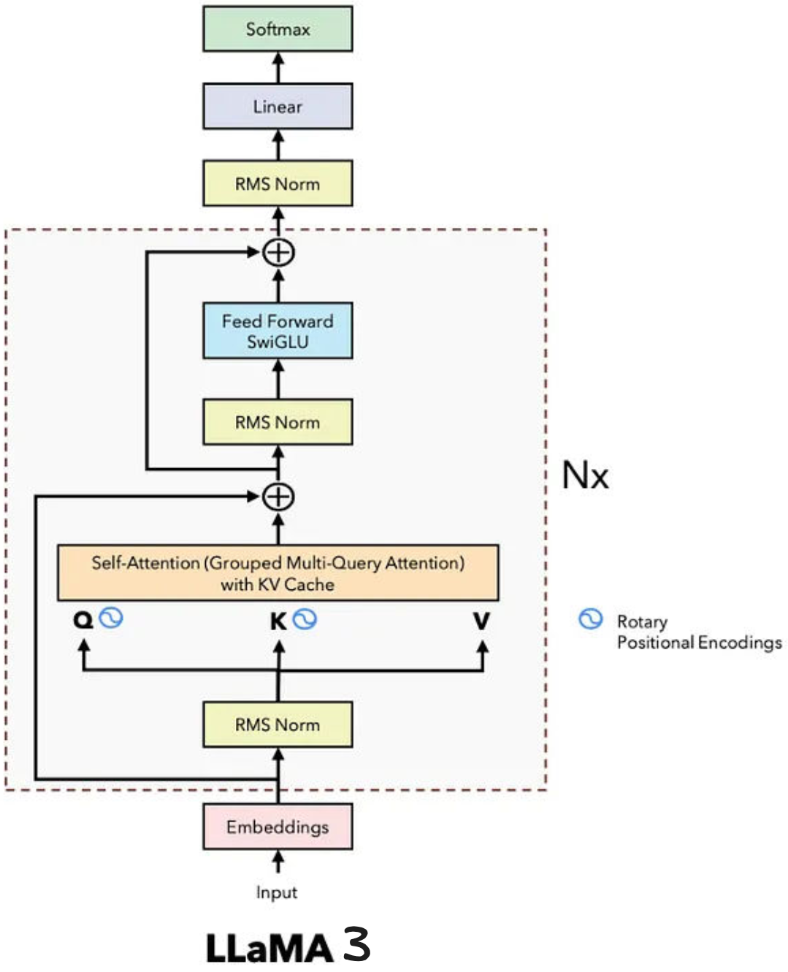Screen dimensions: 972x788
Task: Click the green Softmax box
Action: pyautogui.click(x=278, y=29)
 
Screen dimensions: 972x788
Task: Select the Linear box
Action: pyautogui.click(x=278, y=107)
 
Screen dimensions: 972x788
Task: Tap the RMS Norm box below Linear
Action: pyautogui.click(x=278, y=184)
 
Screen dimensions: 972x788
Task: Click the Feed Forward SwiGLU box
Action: pyautogui.click(x=278, y=331)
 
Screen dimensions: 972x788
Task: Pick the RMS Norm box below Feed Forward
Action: pyautogui.click(x=278, y=422)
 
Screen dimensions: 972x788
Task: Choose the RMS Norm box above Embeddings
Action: pyautogui.click(x=278, y=724)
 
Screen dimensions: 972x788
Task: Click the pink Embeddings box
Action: pyautogui.click(x=278, y=827)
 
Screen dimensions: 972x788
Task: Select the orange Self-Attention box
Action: pyautogui.click(x=278, y=573)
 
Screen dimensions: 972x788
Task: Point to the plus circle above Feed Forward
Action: pyautogui.click(x=278, y=253)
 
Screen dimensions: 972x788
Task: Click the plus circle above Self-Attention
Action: pyautogui.click(x=278, y=497)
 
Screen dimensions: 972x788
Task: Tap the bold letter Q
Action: pyautogui.click(x=83, y=621)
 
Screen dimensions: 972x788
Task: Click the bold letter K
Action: pyautogui.click(x=278, y=621)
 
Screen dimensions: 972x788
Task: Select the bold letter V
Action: pyautogui.click(x=481, y=621)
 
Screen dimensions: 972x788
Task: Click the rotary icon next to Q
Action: pyautogui.click(x=111, y=618)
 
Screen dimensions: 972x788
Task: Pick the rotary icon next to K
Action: pyautogui.click(x=305, y=619)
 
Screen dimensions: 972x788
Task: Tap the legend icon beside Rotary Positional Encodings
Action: pyautogui.click(x=590, y=619)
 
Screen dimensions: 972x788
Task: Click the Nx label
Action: pyautogui.click(x=585, y=475)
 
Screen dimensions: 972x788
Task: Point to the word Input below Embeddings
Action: pyautogui.click(x=277, y=892)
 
